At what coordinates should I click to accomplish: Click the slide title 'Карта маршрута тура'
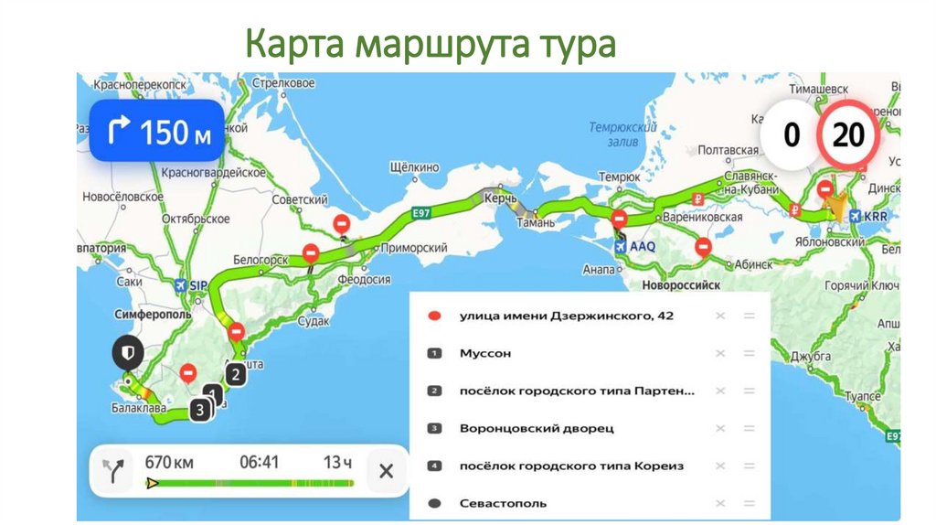point(431,44)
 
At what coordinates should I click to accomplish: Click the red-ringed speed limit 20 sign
point(848,135)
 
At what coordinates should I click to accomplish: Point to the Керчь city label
point(500,198)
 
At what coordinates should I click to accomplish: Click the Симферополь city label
point(154,314)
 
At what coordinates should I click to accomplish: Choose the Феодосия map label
point(364,280)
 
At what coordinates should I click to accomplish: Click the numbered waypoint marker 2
point(235,373)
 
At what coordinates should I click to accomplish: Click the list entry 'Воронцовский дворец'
point(537,428)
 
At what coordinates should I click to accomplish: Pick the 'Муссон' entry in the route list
point(485,353)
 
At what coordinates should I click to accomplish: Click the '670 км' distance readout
point(169,462)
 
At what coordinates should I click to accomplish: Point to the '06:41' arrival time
point(259,462)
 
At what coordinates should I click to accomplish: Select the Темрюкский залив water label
point(619,135)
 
